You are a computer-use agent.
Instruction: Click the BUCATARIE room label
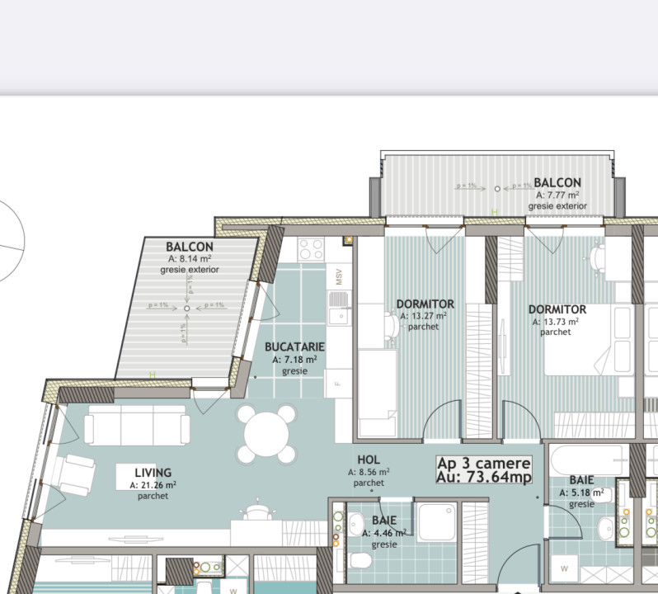pyautogui.click(x=294, y=347)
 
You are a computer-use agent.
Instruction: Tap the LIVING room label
pyautogui.click(x=153, y=473)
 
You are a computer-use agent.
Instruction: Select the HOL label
pyautogui.click(x=369, y=460)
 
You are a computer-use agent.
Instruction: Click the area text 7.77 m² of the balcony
pyautogui.click(x=557, y=195)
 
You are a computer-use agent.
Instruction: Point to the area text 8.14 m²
pyautogui.click(x=190, y=258)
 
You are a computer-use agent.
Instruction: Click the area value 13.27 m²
pyautogui.click(x=424, y=315)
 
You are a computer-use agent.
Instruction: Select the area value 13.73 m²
pyautogui.click(x=557, y=322)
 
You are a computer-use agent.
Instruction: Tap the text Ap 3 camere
pyautogui.click(x=483, y=463)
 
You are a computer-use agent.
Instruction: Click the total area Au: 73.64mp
pyautogui.click(x=484, y=477)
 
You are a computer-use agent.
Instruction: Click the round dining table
pyautogui.click(x=266, y=433)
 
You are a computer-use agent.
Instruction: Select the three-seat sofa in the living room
pyautogui.click(x=137, y=426)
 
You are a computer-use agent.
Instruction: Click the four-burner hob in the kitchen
pyautogui.click(x=312, y=248)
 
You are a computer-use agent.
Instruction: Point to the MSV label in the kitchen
pyautogui.click(x=338, y=276)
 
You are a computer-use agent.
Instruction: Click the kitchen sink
pyautogui.click(x=337, y=314)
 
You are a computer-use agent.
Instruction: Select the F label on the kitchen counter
pyautogui.click(x=338, y=382)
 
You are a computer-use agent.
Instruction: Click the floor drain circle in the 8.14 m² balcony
pyautogui.click(x=187, y=308)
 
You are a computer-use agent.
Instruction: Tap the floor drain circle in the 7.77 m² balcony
pyautogui.click(x=496, y=189)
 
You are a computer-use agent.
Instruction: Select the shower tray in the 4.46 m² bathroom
pyautogui.click(x=435, y=520)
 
